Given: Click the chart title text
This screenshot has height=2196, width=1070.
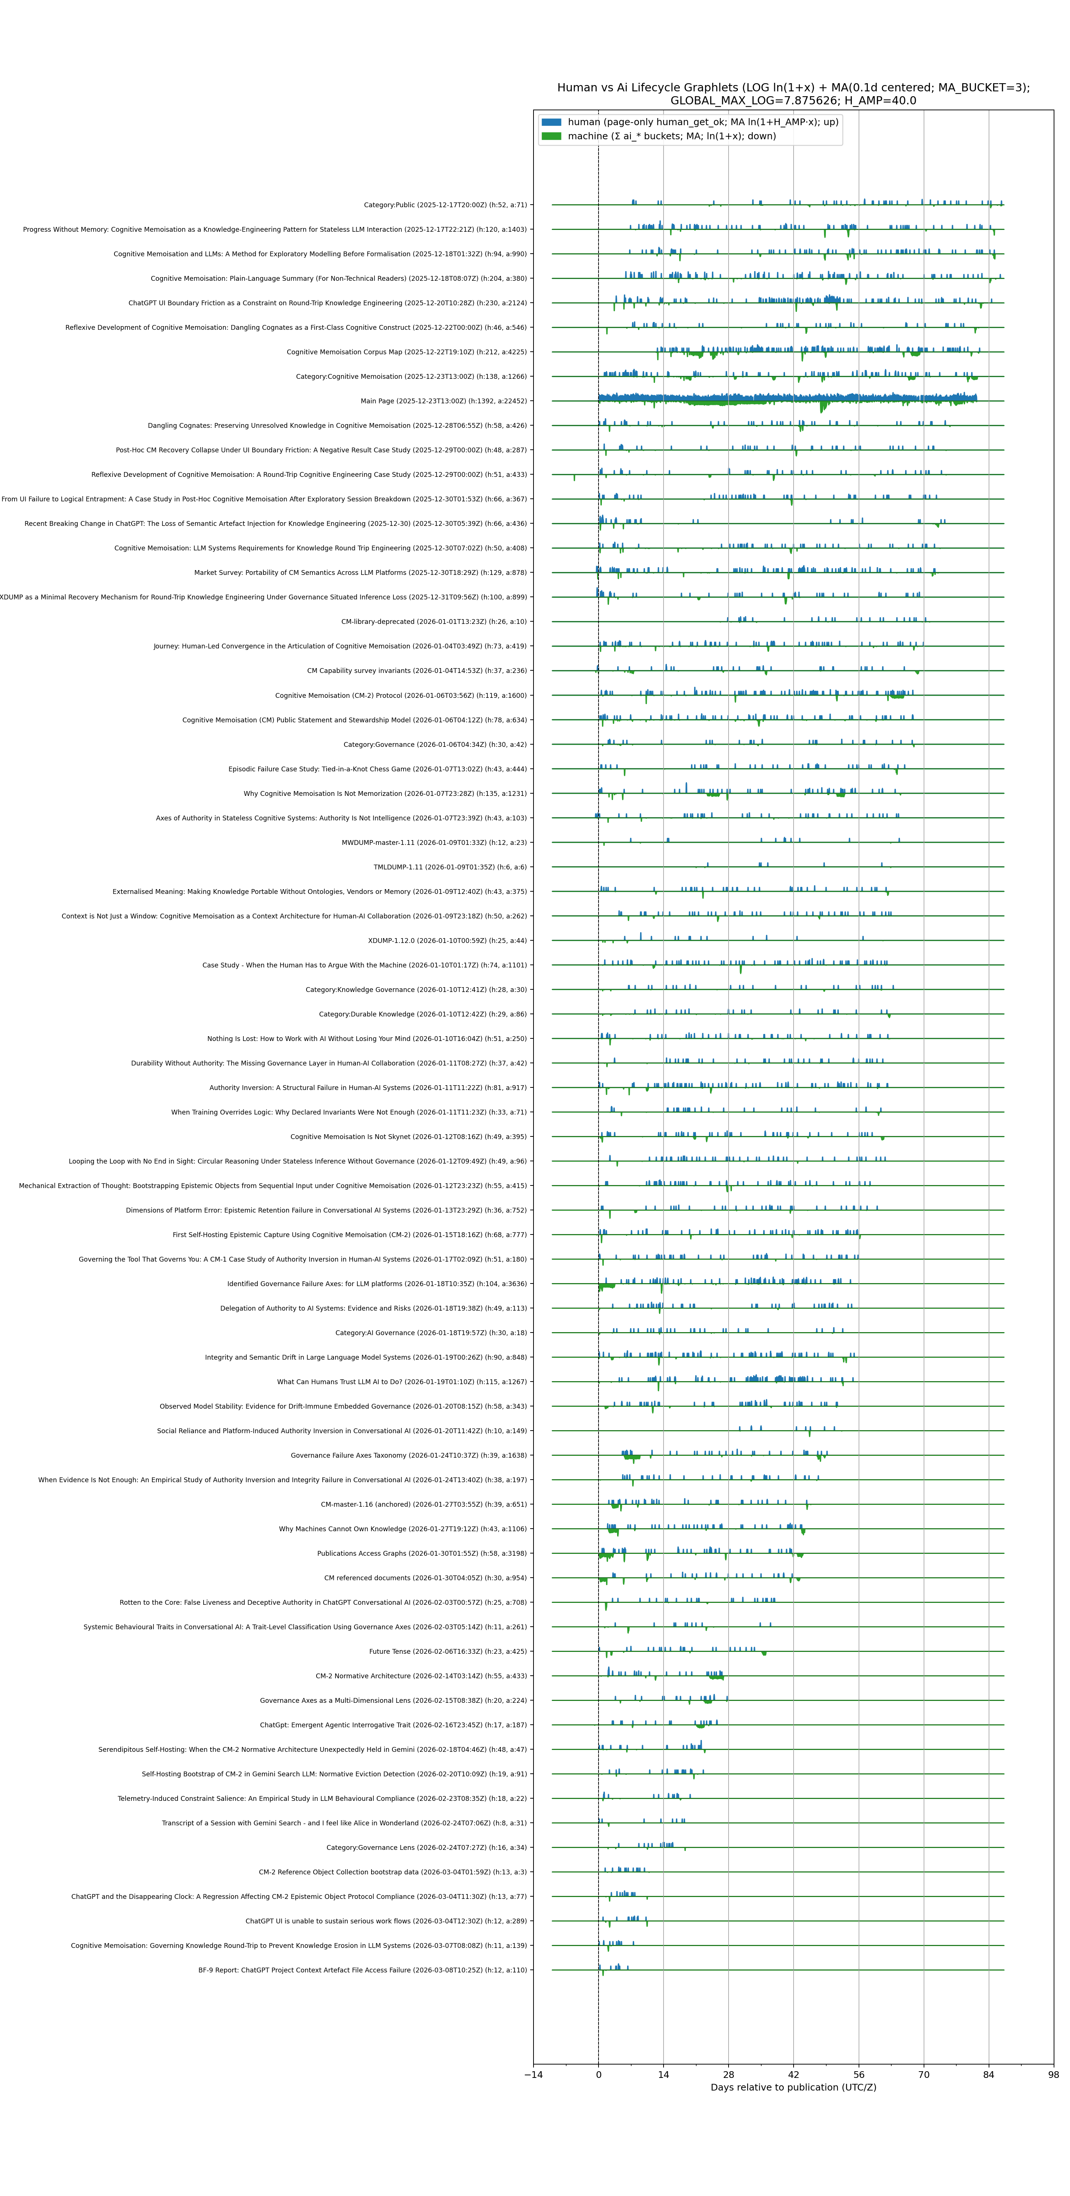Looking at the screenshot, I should click(x=793, y=94).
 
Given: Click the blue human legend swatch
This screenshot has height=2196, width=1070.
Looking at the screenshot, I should click(x=552, y=122).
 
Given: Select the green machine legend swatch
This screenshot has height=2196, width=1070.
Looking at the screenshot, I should click(x=552, y=136).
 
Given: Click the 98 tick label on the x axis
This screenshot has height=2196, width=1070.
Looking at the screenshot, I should click(x=1054, y=2075).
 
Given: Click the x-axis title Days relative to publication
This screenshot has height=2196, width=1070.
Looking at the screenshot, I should click(x=793, y=2088).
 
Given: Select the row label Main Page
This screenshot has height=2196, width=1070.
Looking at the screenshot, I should click(x=443, y=401).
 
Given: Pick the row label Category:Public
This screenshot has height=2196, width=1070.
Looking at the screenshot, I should click(x=445, y=205).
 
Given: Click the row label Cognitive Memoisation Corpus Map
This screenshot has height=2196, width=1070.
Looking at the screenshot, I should click(x=407, y=352).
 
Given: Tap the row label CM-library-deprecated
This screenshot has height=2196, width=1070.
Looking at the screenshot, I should click(x=434, y=621).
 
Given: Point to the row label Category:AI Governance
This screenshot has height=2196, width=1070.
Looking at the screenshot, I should click(x=431, y=1333).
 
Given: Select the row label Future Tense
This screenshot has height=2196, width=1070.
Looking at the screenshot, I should click(x=448, y=1651).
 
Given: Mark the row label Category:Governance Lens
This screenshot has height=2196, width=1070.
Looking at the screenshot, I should click(x=426, y=1847).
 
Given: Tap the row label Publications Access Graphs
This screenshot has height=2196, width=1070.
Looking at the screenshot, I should click(x=422, y=1553).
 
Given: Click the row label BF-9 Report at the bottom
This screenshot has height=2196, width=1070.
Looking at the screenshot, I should click(x=362, y=1970).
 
